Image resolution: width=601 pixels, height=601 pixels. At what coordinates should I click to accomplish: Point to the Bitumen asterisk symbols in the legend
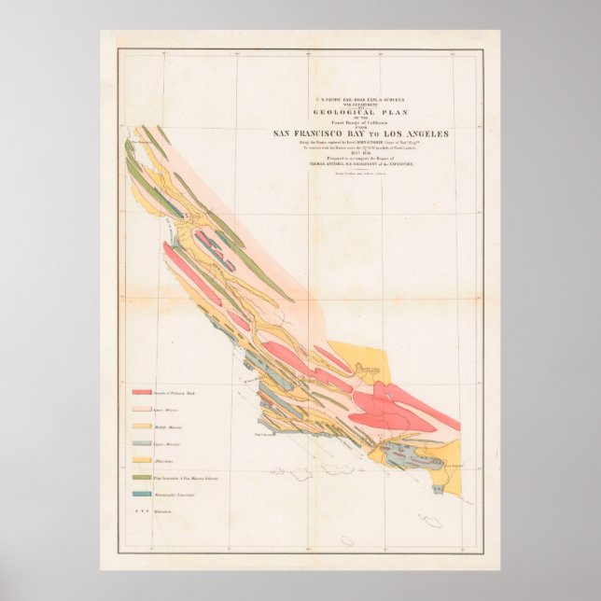[144, 510]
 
